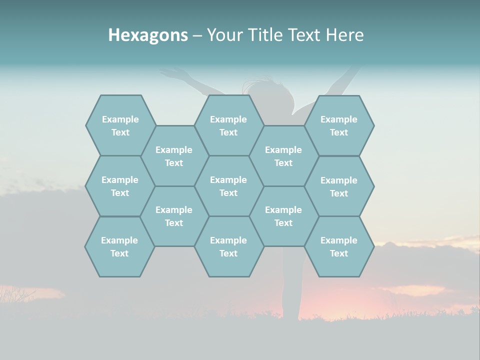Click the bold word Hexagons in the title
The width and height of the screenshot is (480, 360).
[x=148, y=35]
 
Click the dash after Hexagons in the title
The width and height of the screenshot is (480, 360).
[x=197, y=35]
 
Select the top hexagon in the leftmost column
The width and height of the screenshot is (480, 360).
[x=120, y=125]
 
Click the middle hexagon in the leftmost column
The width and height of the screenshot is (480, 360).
[x=120, y=186]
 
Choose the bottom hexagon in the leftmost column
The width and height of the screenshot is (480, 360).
[x=119, y=246]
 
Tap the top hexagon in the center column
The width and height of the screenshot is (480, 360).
[x=228, y=125]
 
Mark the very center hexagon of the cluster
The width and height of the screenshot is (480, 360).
[x=228, y=186]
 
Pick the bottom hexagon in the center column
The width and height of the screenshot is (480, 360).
[x=228, y=246]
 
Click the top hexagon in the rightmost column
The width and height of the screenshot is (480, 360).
[x=339, y=125]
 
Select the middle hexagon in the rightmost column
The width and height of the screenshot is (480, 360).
[x=339, y=186]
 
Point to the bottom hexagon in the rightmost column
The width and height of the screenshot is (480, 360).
[x=339, y=246]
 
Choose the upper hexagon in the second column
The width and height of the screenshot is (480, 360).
[x=174, y=156]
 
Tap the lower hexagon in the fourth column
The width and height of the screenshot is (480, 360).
[x=283, y=216]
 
